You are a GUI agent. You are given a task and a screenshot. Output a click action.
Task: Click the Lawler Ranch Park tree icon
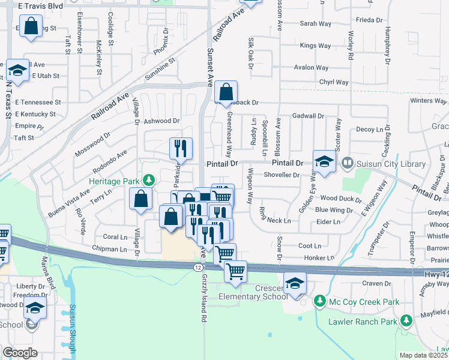coord(407,322)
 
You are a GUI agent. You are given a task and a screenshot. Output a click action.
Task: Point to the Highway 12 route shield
coord(198,266)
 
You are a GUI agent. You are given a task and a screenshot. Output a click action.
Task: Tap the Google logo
coord(20,353)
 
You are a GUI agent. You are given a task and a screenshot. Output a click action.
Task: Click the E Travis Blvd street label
coord(40,5)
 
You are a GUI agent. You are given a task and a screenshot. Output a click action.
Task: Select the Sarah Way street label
coord(316,24)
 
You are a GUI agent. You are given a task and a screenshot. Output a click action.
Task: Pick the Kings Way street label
coord(315,46)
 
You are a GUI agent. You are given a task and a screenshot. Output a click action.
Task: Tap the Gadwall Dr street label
coord(308,116)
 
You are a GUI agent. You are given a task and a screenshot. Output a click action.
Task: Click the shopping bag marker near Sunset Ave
coord(226,92)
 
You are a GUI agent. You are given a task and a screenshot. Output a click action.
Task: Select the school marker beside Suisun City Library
coord(324,161)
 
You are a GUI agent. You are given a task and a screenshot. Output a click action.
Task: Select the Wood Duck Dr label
coord(341,198)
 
